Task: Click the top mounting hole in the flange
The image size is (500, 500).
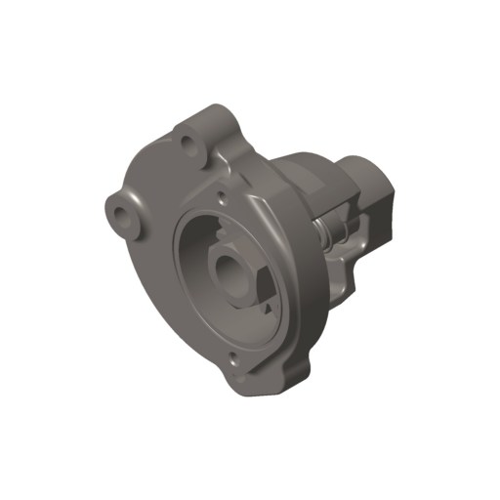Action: click(187, 143)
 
